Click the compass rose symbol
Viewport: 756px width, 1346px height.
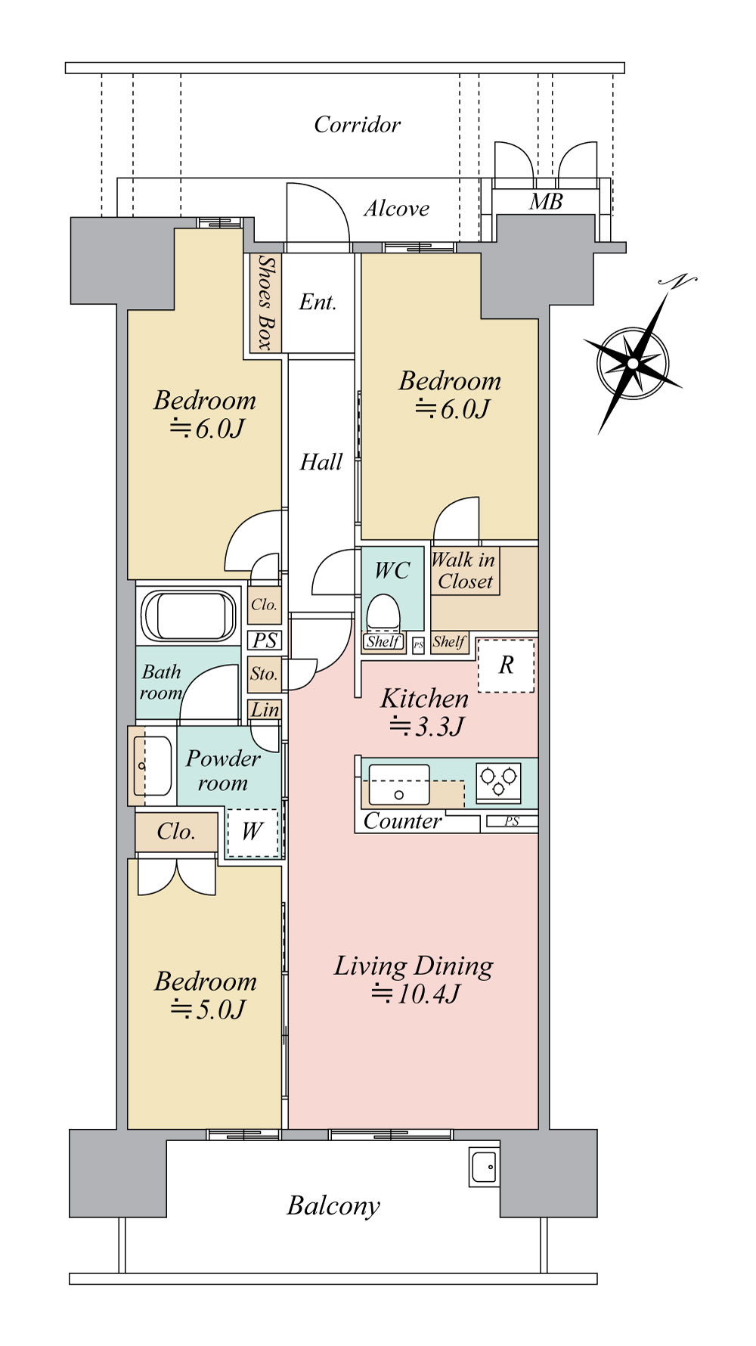pyautogui.click(x=634, y=363)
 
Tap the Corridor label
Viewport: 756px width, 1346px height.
pyautogui.click(x=357, y=125)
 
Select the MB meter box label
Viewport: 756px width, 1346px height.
pyautogui.click(x=546, y=202)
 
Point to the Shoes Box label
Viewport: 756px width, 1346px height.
pyautogui.click(x=265, y=302)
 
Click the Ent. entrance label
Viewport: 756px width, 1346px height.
pyautogui.click(x=318, y=302)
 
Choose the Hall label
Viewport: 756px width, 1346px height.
pyautogui.click(x=321, y=462)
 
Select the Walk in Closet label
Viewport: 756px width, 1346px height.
pyautogui.click(x=464, y=571)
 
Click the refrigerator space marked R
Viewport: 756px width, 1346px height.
pyautogui.click(x=507, y=665)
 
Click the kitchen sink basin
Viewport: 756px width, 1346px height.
pyautogui.click(x=398, y=784)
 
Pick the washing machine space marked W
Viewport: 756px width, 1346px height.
pyautogui.click(x=253, y=833)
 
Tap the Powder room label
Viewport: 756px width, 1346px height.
pyautogui.click(x=222, y=771)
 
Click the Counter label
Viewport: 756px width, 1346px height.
pyautogui.click(x=403, y=821)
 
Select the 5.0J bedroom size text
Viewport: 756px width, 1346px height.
pyautogui.click(x=208, y=1009)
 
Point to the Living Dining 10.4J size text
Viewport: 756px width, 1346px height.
pyautogui.click(x=415, y=994)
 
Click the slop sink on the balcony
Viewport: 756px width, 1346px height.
pyautogui.click(x=483, y=1168)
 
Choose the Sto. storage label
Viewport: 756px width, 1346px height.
pyautogui.click(x=264, y=674)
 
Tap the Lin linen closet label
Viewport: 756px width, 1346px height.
pyautogui.click(x=265, y=710)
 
